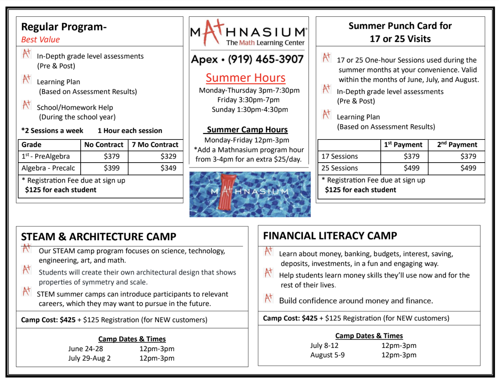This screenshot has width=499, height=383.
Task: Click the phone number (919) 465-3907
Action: tap(265, 59)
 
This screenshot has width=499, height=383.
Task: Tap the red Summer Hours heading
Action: tap(246, 78)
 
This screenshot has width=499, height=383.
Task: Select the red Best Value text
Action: tap(40, 40)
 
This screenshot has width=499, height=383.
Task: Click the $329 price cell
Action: tap(168, 156)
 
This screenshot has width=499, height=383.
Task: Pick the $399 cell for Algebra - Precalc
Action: tap(111, 168)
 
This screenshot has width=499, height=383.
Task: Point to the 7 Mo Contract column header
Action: tap(155, 145)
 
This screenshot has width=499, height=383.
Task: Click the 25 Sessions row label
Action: tap(340, 168)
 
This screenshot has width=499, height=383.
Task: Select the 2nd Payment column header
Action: tap(457, 145)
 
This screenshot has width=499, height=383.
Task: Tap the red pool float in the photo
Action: tap(227, 191)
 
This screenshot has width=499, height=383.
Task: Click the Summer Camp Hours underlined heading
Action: tap(247, 130)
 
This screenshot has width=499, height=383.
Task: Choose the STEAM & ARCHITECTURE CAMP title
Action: tap(98, 237)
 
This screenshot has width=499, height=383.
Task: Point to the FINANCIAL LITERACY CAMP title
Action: tap(330, 236)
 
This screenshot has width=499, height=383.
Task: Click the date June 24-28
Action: tap(86, 349)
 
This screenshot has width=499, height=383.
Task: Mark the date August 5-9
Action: tap(327, 355)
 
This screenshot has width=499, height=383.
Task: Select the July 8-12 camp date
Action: tap(324, 345)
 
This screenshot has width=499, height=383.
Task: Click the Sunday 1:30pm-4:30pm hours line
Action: tap(250, 109)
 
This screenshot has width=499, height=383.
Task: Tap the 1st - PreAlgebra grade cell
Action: tap(46, 156)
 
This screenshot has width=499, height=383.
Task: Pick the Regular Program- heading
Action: tap(64, 27)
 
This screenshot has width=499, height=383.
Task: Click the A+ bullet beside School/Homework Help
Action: tap(26, 105)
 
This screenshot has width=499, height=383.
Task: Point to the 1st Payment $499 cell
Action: tap(411, 168)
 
